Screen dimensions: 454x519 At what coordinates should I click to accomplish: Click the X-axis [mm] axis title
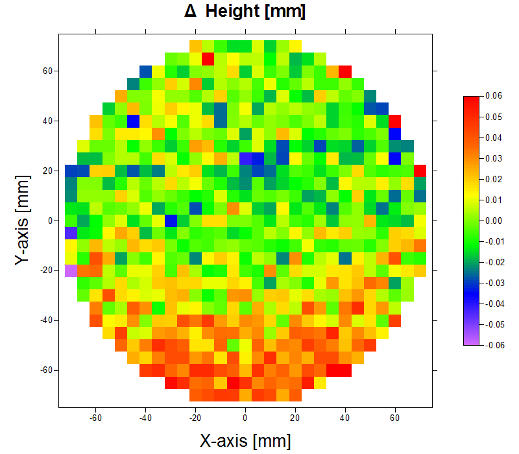click(245, 440)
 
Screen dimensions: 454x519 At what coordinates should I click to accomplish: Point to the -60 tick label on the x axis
click(95, 419)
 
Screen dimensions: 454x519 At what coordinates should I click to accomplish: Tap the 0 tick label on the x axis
click(245, 419)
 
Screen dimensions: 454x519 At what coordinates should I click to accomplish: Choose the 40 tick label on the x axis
click(344, 419)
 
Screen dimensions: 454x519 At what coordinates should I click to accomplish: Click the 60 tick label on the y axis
click(47, 71)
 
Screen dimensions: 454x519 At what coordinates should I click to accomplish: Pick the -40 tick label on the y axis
click(45, 320)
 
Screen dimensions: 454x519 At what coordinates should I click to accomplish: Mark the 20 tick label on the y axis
click(47, 171)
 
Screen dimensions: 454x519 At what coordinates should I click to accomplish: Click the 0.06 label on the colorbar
click(494, 96)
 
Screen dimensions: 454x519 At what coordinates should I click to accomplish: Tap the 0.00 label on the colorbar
click(494, 221)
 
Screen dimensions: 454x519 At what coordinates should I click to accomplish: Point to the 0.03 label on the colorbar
click(494, 158)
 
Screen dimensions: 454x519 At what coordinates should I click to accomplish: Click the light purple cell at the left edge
click(71, 270)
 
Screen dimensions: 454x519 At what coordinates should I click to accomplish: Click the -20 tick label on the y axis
click(45, 270)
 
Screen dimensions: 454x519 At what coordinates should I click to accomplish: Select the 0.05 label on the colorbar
click(494, 117)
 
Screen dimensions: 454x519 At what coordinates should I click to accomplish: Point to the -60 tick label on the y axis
click(45, 370)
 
